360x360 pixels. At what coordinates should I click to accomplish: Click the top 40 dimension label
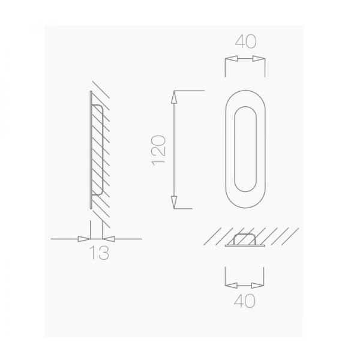tap(245, 42)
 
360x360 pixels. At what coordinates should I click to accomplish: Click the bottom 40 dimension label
tap(245, 301)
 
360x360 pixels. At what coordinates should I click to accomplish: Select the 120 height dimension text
tap(158, 151)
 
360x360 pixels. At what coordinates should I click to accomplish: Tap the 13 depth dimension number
tap(99, 253)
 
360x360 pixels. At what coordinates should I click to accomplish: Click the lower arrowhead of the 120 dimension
tap(174, 203)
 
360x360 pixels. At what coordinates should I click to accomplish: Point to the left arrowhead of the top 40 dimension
tap(231, 59)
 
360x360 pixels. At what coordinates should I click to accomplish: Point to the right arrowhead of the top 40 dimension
tap(259, 59)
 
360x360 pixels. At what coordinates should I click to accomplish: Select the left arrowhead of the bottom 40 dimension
tap(231, 286)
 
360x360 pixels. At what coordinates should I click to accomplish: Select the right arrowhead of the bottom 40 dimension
tap(257, 286)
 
